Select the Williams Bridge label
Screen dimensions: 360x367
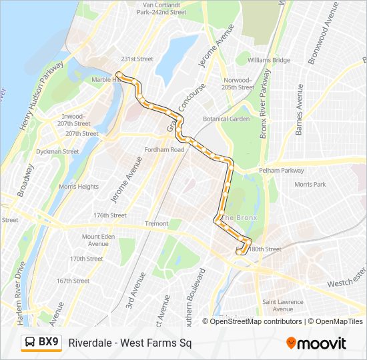click(269, 60)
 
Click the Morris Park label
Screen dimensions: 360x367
click(310, 184)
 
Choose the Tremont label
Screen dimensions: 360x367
click(157, 223)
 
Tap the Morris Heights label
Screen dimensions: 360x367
click(79, 187)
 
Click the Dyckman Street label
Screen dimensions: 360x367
click(57, 151)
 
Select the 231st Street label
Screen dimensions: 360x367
click(137, 59)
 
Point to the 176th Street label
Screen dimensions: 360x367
click(110, 215)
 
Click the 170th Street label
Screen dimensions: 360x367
click(87, 259)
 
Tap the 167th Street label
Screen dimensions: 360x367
click(73, 281)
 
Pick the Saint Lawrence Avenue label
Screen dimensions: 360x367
click(283, 305)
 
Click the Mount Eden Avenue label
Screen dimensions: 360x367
click(99, 240)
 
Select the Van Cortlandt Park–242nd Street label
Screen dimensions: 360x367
click(160, 8)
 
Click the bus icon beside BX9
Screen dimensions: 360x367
click(30, 343)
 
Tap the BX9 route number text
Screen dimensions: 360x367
click(49, 343)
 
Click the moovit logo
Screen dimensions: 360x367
click(316, 343)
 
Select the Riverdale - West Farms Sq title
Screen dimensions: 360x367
click(129, 343)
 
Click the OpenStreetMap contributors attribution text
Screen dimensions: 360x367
click(256, 321)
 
